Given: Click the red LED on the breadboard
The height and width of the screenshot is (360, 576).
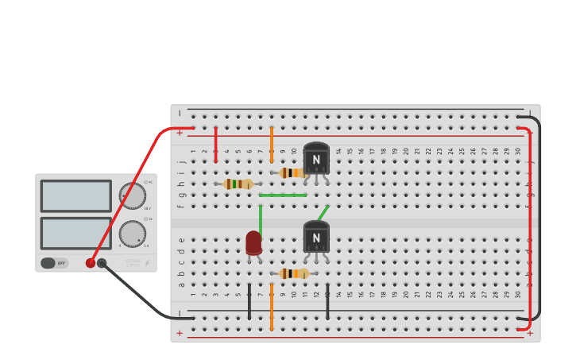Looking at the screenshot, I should pyautogui.click(x=253, y=242).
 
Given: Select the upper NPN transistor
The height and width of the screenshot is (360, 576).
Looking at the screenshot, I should pyautogui.click(x=316, y=159).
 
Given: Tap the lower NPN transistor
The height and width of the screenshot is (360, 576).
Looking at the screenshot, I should pyautogui.click(x=316, y=237).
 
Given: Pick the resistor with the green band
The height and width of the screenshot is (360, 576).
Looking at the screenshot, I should pyautogui.click(x=238, y=184).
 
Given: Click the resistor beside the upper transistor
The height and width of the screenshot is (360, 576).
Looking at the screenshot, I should pyautogui.click(x=293, y=172).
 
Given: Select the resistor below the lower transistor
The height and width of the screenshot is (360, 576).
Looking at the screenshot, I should pyautogui.click(x=294, y=273).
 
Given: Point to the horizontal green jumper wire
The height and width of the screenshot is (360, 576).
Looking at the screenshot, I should pyautogui.click(x=283, y=195).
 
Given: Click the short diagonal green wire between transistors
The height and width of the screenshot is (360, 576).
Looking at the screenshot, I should pyautogui.click(x=323, y=212).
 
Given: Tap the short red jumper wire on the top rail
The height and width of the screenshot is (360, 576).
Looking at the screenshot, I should pyautogui.click(x=215, y=144).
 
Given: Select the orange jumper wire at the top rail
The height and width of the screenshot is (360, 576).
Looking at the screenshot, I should pyautogui.click(x=271, y=144).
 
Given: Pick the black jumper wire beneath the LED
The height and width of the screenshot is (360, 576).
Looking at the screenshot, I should pyautogui.click(x=249, y=301).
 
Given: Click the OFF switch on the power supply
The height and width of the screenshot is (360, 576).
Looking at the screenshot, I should pyautogui.click(x=54, y=263).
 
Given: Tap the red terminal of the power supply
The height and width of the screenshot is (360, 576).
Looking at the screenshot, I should pyautogui.click(x=91, y=263).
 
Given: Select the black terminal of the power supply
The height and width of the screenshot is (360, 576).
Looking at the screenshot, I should pyautogui.click(x=102, y=263).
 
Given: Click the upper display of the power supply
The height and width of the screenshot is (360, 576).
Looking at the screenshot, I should pyautogui.click(x=75, y=195).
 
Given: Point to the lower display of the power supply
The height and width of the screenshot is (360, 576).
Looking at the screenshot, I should pyautogui.click(x=75, y=233).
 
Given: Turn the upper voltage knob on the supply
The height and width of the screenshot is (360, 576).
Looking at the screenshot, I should pyautogui.click(x=133, y=195).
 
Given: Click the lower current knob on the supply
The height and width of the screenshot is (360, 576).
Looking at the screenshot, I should pyautogui.click(x=133, y=234).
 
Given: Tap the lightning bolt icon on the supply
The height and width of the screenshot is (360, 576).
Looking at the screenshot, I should pyautogui.click(x=146, y=263).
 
